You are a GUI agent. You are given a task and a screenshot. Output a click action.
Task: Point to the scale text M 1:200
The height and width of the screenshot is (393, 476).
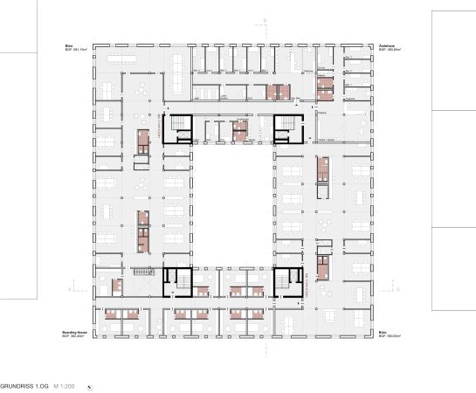61,385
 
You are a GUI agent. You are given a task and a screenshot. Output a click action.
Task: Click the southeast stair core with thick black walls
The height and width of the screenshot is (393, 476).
287,280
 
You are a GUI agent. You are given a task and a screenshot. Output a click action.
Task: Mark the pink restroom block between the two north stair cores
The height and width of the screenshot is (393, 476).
239,132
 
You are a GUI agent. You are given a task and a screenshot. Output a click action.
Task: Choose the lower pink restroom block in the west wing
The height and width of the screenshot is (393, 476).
142,230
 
